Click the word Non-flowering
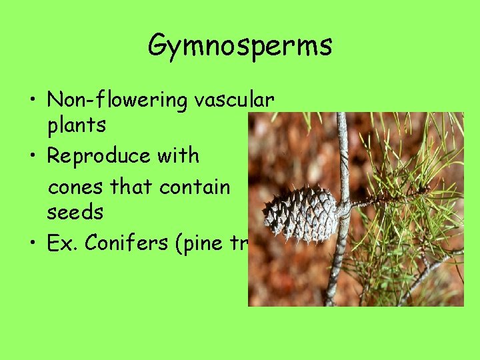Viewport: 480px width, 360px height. coord(117,100)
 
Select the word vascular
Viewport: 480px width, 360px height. coord(234,100)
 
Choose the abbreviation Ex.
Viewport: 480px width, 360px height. coord(61,243)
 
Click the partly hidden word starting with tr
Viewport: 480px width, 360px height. coord(239,244)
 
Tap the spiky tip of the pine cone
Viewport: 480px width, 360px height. coord(265,215)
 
